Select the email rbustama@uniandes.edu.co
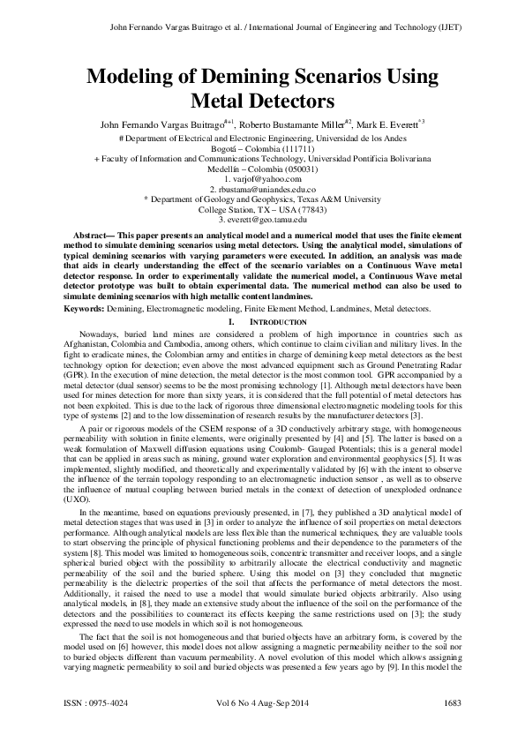coord(266,189)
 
